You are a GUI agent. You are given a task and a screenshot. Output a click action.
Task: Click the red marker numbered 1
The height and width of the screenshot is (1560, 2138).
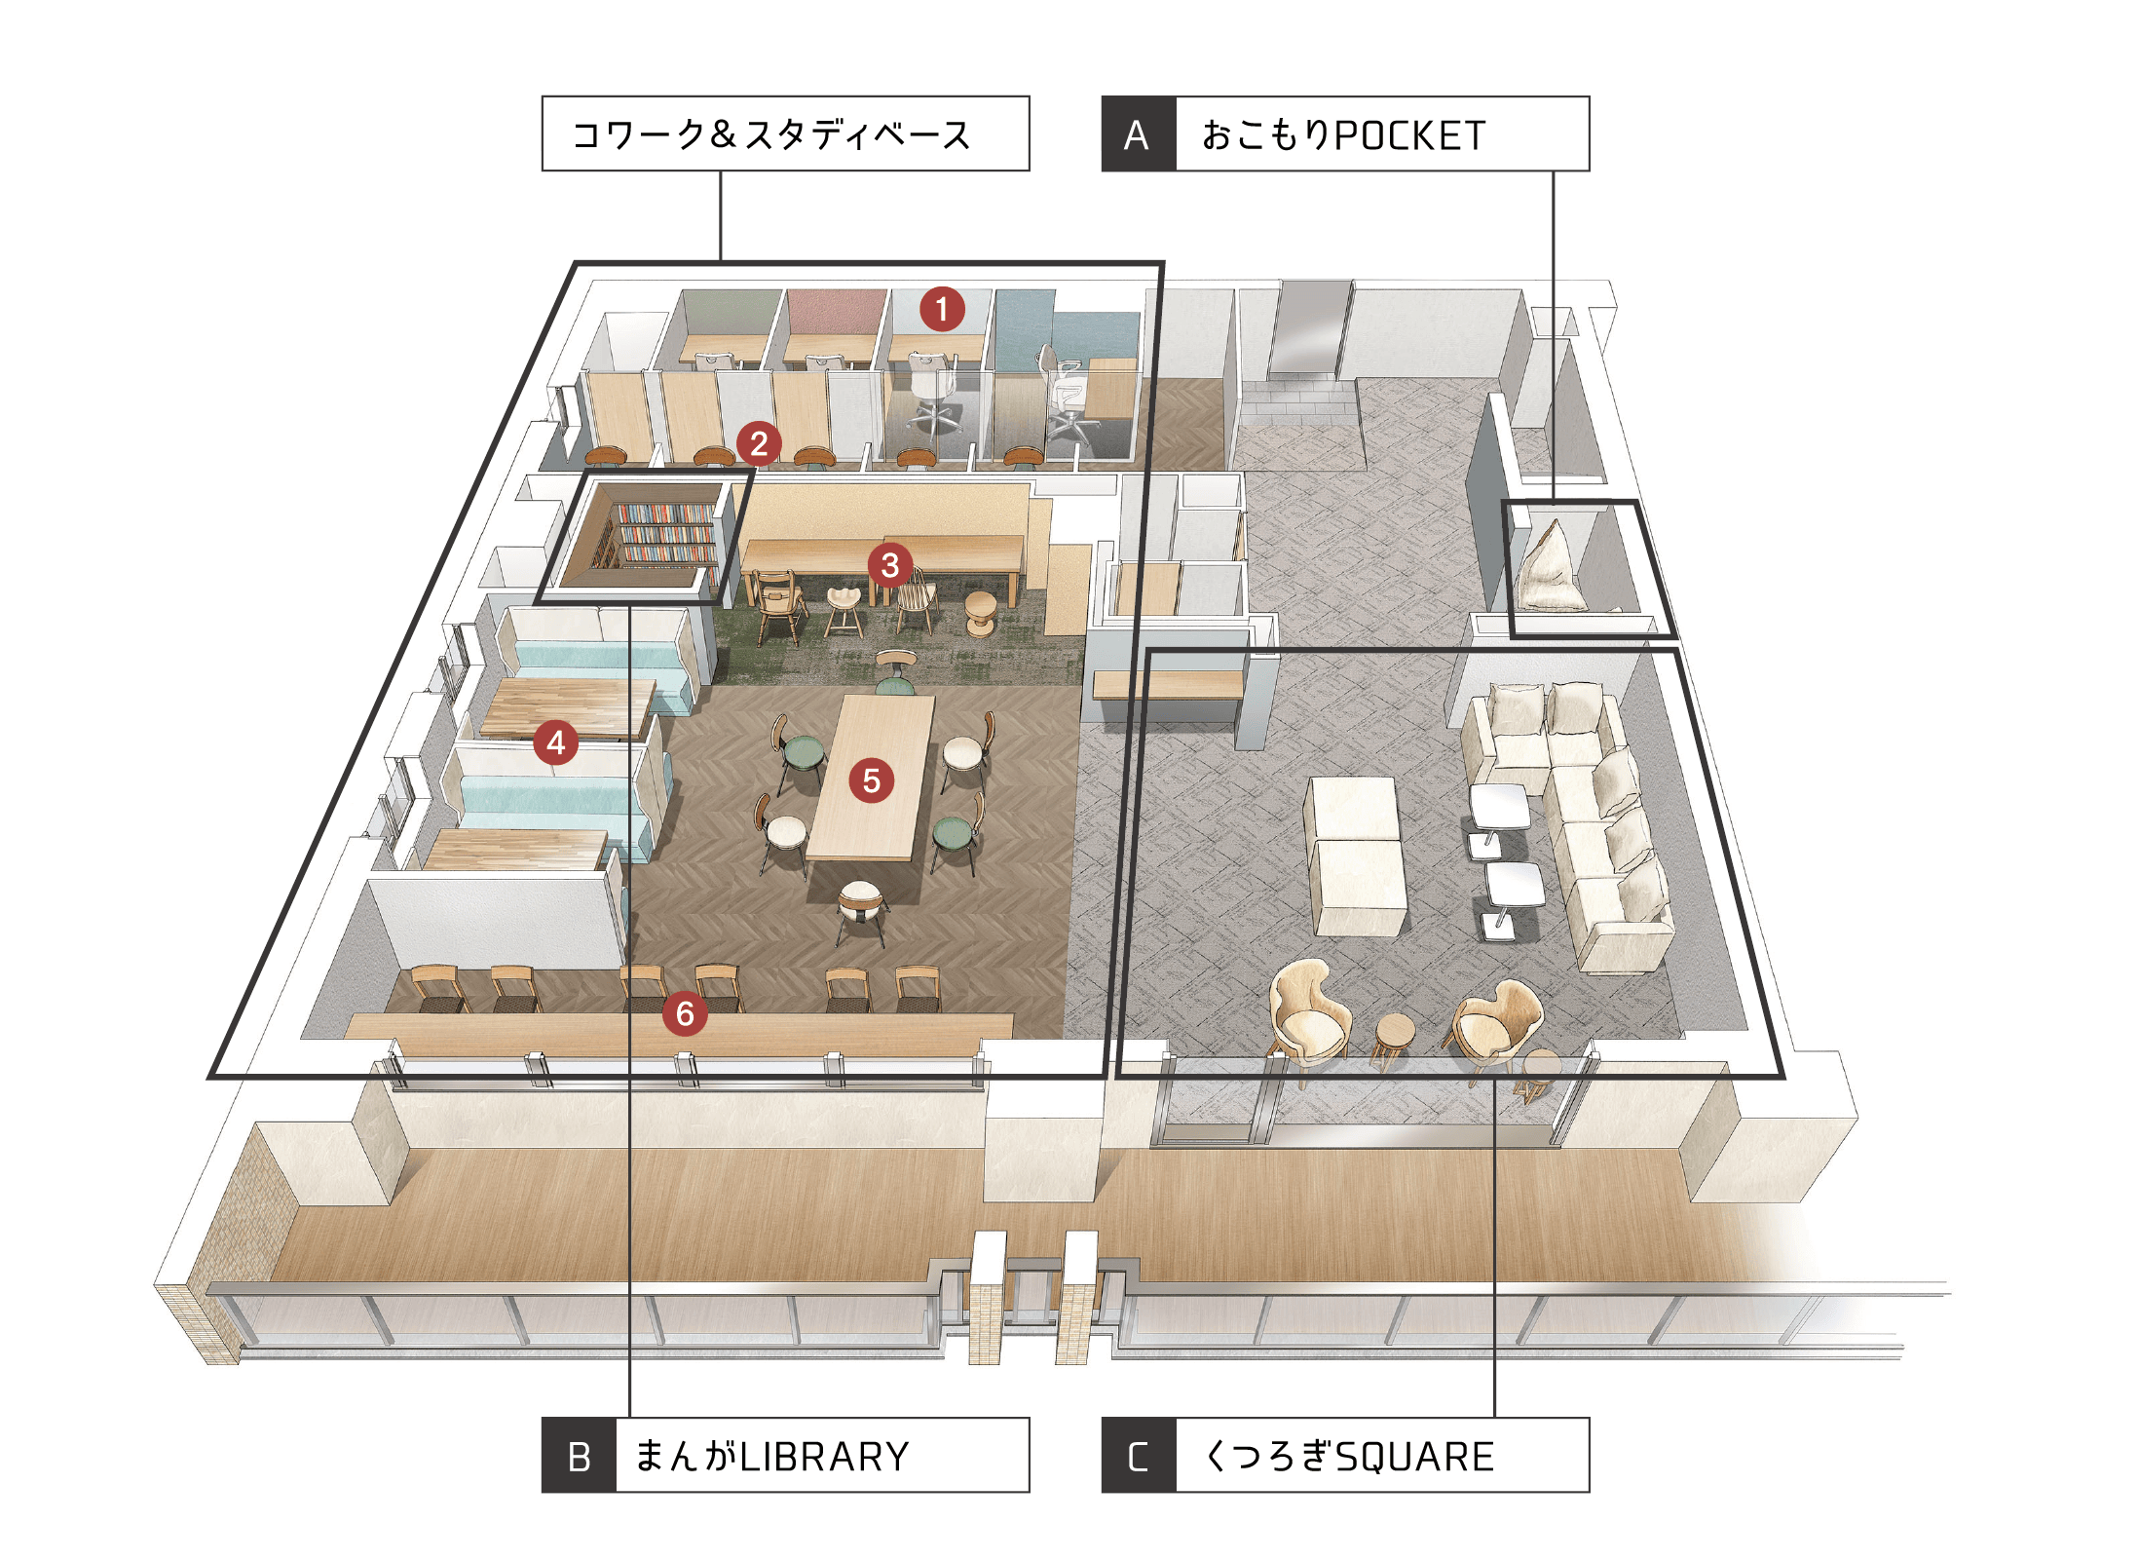click(x=941, y=309)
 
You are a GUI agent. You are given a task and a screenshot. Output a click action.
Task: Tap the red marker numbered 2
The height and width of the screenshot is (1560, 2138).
click(x=759, y=443)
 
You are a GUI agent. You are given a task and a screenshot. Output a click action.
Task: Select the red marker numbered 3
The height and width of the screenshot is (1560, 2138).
click(x=889, y=564)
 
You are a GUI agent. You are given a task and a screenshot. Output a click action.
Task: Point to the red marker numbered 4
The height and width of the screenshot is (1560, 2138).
click(x=555, y=742)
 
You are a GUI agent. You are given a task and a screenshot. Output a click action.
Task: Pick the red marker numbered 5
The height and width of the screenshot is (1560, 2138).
click(x=871, y=780)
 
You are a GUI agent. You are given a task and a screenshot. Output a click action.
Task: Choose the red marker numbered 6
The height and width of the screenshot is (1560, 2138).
click(x=684, y=1013)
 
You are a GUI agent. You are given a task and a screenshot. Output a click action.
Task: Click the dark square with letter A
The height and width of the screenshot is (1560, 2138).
click(x=1139, y=134)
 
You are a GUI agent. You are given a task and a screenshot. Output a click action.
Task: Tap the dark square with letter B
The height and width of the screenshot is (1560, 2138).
click(x=579, y=1456)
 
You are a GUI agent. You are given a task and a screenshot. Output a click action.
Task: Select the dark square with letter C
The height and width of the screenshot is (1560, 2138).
click(x=1139, y=1456)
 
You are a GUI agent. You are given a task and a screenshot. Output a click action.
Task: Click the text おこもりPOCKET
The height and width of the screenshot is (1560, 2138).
click(x=1344, y=135)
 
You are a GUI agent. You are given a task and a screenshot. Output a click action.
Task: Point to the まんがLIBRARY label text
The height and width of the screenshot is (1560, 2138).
click(x=772, y=1457)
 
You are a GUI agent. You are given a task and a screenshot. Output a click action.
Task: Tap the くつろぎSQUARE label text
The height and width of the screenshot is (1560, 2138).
click(x=1349, y=1457)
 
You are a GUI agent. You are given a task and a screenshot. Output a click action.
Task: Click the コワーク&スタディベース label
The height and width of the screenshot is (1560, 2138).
click(x=771, y=134)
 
